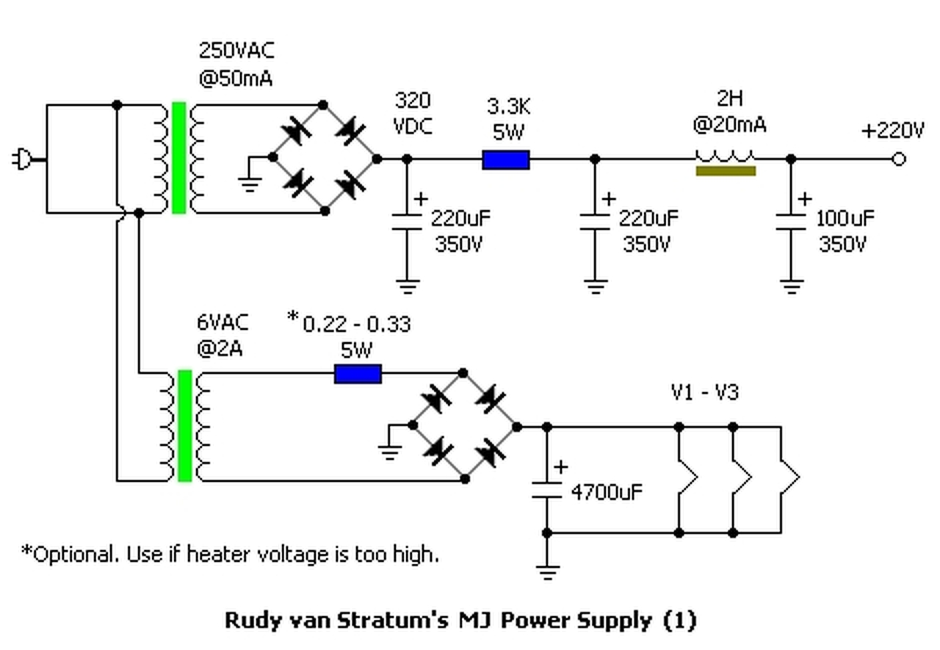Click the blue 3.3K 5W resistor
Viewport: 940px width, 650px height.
click(505, 159)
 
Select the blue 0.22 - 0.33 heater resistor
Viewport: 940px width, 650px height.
click(358, 374)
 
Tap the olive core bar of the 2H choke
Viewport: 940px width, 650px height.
click(726, 171)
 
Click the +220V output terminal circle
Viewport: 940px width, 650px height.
click(899, 159)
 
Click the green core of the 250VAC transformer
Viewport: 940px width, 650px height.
click(178, 158)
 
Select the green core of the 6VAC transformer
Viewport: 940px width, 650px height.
click(184, 426)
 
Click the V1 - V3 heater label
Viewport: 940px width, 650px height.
click(704, 392)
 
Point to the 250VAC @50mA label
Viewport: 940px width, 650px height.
click(236, 64)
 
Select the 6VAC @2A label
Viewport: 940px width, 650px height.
click(223, 336)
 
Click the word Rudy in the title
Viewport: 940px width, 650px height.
click(247, 621)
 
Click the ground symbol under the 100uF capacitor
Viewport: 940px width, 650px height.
click(791, 286)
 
